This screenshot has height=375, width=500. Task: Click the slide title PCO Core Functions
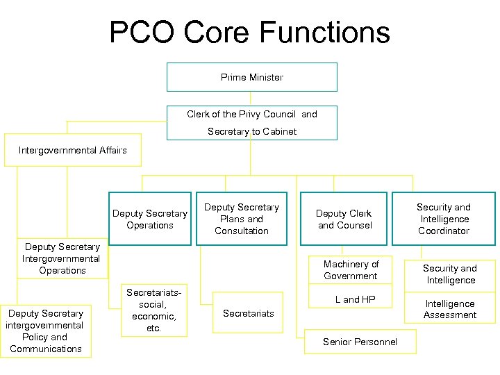point(249,33)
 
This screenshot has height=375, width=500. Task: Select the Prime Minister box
point(252,77)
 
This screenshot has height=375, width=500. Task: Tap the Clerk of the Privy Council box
point(252,122)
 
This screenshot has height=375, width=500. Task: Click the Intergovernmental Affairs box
point(73,150)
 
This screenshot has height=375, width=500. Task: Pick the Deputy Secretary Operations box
point(150,219)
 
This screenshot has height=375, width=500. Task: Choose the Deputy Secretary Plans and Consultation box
point(241,219)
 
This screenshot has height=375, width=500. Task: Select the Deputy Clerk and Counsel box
point(344,219)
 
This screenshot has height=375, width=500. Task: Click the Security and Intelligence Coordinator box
point(444,219)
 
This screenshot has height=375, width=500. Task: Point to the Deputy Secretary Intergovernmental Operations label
point(62,258)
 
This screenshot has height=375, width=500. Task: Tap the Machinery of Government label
point(351,269)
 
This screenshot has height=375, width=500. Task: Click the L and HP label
point(355,299)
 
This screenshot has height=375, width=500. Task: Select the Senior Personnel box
point(360,342)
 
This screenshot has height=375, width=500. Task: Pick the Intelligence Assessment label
point(450,309)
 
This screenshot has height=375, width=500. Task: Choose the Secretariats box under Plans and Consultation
point(249,313)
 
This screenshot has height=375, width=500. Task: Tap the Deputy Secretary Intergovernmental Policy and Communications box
point(46,331)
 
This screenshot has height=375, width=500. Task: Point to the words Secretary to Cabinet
point(251,131)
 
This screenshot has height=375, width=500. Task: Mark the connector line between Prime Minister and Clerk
point(252,98)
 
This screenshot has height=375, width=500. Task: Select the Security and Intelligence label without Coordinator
point(450,274)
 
